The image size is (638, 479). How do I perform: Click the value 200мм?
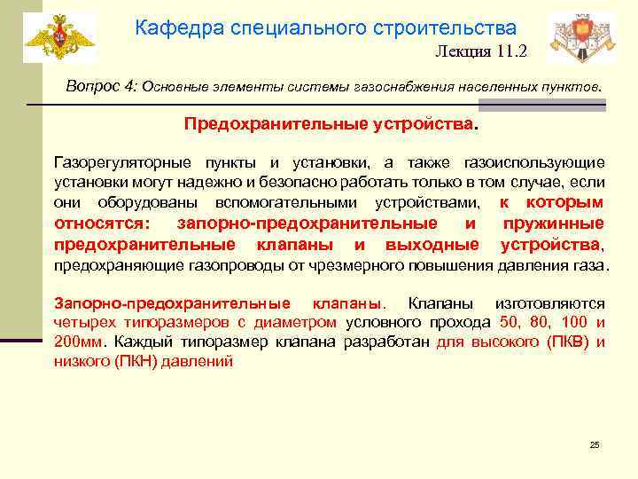tap(77, 342)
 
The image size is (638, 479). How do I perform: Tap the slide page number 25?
tap(595, 444)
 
